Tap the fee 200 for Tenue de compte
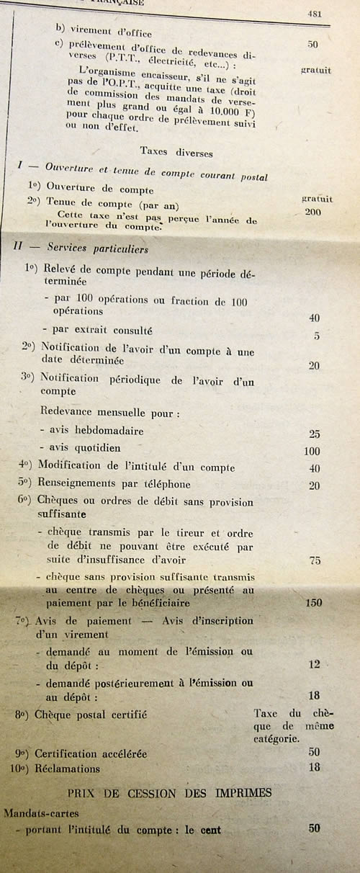click(x=313, y=212)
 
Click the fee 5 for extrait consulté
click(x=317, y=336)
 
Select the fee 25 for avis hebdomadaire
click(x=313, y=434)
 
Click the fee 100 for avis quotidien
click(x=312, y=451)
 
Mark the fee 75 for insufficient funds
click(x=314, y=561)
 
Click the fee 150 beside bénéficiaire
click(x=313, y=603)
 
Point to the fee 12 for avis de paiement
click(x=314, y=665)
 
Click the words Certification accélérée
click(x=91, y=753)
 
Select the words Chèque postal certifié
click(x=91, y=715)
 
